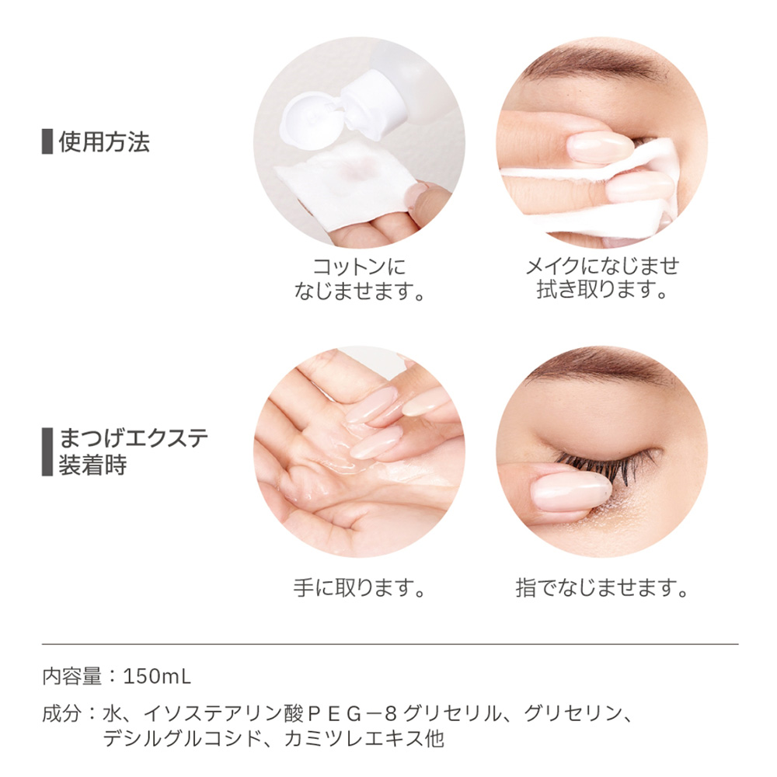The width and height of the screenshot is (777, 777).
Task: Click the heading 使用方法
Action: click(104, 142)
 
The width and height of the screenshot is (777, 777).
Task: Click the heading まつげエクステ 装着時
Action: click(133, 451)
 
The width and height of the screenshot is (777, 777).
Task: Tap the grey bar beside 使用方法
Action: click(47, 142)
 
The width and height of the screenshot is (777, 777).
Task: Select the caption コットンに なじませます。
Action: click(359, 280)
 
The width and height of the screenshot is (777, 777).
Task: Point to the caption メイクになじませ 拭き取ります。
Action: click(602, 278)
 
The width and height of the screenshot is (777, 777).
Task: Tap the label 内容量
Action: click(71, 676)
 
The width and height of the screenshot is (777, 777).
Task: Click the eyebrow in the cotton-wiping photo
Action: click(591, 74)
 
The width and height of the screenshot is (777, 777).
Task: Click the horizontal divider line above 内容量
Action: click(388, 644)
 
